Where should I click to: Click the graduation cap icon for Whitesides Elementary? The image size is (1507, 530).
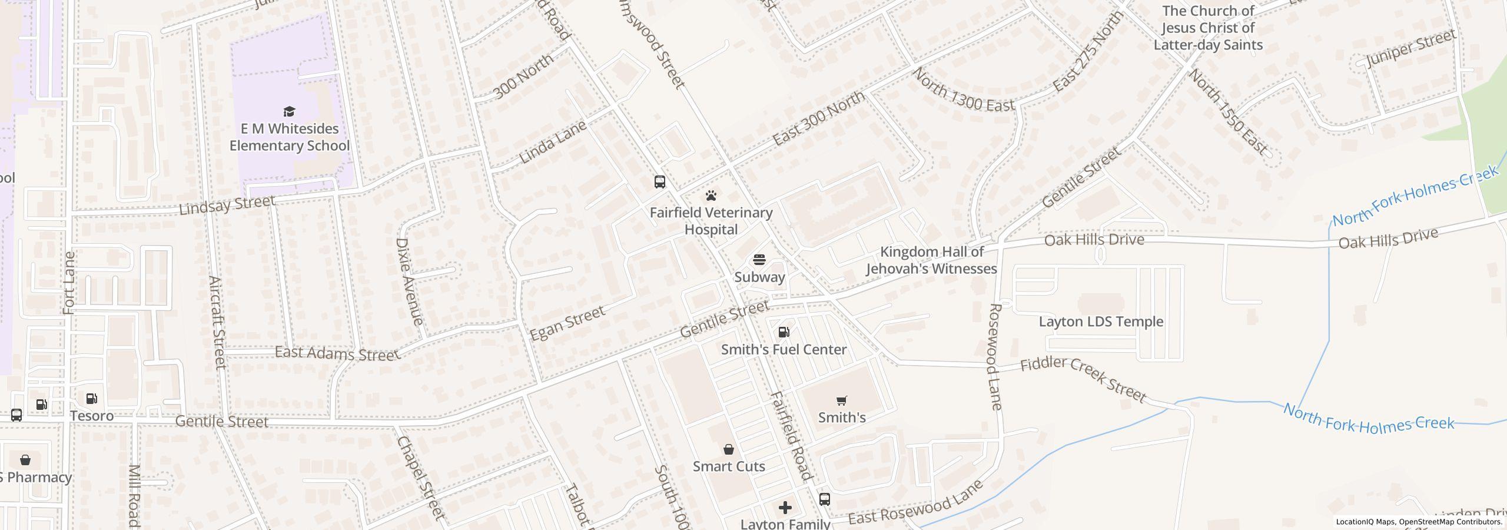(x=289, y=111)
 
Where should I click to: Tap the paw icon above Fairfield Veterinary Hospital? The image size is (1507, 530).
(x=711, y=196)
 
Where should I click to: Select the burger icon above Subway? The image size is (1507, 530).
(x=759, y=260)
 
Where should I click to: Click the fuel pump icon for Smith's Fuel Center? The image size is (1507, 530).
(x=784, y=332)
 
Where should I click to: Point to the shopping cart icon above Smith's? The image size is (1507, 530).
(x=842, y=400)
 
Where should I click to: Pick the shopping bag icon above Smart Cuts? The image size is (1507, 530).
(x=729, y=449)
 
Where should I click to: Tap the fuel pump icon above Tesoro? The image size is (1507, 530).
(x=91, y=399)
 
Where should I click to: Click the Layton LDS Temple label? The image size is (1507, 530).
(x=1101, y=322)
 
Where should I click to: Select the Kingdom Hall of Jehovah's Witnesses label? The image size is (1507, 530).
(x=931, y=260)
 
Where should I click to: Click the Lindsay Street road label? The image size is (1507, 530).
(x=227, y=205)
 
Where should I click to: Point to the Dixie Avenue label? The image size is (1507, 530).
(x=409, y=281)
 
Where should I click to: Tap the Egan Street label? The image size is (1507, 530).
(x=567, y=323)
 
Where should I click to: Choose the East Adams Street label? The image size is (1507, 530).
(x=337, y=353)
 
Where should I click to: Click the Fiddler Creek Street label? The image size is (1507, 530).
(x=1083, y=380)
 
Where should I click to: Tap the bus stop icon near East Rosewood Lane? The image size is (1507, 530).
(x=825, y=499)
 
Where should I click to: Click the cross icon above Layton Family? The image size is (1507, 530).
(x=785, y=508)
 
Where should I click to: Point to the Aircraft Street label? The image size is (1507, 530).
(x=217, y=323)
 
